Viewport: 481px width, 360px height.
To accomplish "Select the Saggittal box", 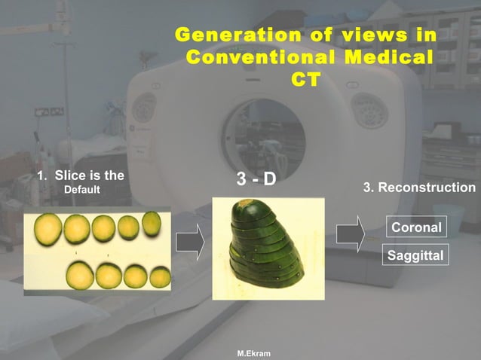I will point(415,255).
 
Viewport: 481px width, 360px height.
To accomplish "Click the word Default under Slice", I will point(81,189).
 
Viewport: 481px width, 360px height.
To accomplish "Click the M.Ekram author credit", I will point(253,352).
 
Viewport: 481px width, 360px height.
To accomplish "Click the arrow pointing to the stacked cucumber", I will point(191,242).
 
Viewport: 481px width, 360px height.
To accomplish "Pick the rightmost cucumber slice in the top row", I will point(152,224).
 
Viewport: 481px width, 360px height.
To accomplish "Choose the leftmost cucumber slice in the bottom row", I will point(80,276).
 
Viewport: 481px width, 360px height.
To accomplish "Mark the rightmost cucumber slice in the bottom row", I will point(160,276).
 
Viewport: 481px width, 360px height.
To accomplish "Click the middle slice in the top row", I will point(103,227).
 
